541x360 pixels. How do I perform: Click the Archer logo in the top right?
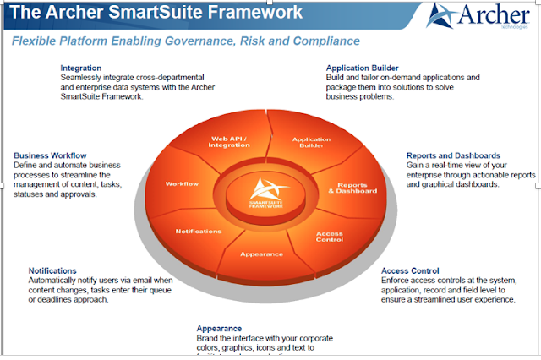[478, 16]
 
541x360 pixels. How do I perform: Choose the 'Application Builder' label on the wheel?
[311, 142]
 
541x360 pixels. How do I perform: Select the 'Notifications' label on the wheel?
[199, 231]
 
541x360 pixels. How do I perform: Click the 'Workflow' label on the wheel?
[181, 183]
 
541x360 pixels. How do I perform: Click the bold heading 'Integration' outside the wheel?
[81, 68]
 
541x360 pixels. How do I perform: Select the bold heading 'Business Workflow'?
[50, 155]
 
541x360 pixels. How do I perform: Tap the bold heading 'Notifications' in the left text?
[57, 270]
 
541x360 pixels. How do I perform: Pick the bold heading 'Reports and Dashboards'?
[453, 155]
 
